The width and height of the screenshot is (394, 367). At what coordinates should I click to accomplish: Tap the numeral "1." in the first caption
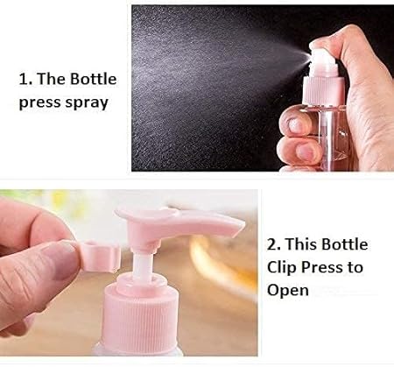click(x=25, y=79)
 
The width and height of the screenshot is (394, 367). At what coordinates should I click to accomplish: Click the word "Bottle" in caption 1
click(x=94, y=79)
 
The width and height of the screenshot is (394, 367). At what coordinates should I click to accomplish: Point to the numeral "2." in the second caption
click(x=274, y=244)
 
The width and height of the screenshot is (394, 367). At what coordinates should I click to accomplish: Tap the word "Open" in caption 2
click(x=288, y=291)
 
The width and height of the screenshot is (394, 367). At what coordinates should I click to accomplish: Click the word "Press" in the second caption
click(x=322, y=268)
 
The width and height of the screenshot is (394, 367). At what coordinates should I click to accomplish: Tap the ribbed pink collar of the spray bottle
click(x=321, y=90)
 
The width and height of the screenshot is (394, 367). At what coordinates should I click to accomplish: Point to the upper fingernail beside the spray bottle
click(x=295, y=124)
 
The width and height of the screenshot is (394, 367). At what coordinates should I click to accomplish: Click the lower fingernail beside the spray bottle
click(x=304, y=151)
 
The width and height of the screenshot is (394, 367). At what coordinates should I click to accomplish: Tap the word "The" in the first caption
click(x=52, y=79)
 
